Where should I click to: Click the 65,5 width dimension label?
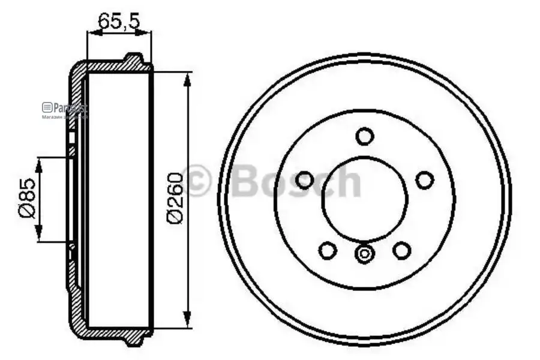(119, 22)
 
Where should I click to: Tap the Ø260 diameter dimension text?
(175, 198)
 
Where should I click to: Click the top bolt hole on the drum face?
(364, 136)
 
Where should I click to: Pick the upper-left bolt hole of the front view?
(305, 179)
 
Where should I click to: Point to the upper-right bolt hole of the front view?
(424, 179)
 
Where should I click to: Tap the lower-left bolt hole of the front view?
(327, 250)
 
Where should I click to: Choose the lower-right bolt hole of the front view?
(401, 250)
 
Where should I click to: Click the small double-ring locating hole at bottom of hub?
(364, 254)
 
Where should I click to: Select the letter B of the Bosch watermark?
(247, 181)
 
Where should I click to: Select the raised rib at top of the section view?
(134, 59)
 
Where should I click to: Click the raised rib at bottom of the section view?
(134, 340)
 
